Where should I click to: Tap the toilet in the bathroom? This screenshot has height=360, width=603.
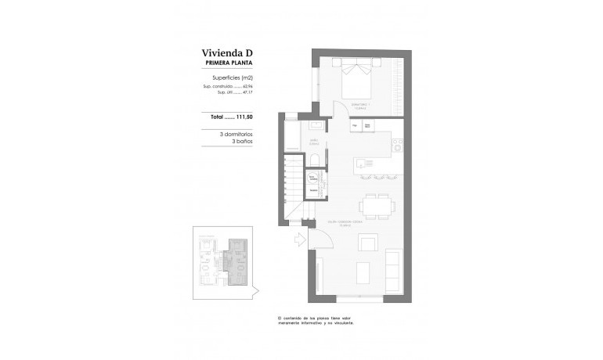click(314, 161)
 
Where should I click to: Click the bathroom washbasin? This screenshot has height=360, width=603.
click(316, 125)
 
